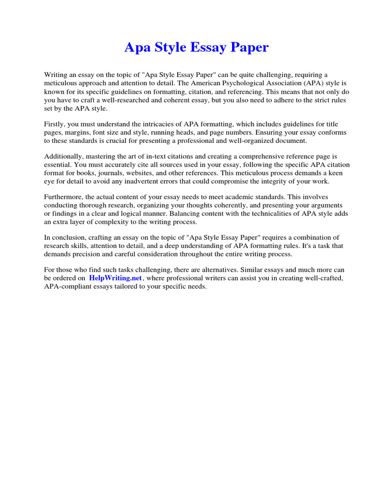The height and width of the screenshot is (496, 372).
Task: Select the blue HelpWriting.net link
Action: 115,279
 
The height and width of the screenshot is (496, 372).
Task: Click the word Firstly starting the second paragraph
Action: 55,124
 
